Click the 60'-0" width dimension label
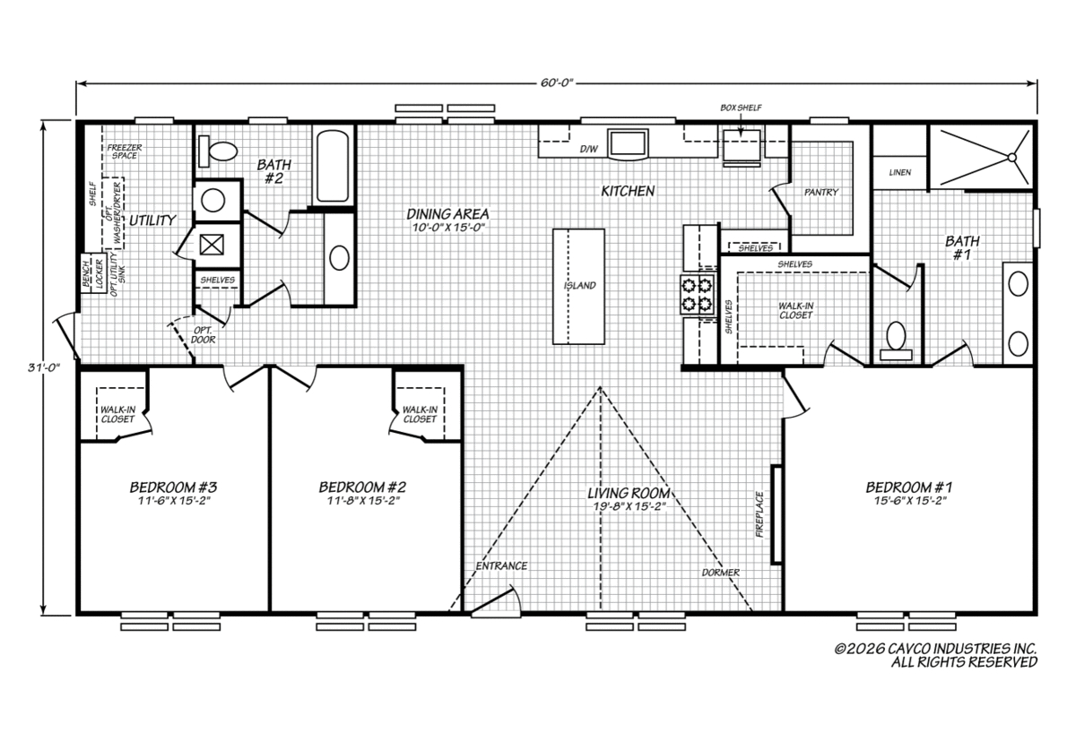click(x=557, y=83)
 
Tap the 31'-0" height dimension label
click(x=44, y=367)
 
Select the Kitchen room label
click(x=628, y=191)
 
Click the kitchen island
click(x=578, y=287)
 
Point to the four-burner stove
click(x=697, y=294)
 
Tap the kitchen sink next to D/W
click(x=629, y=142)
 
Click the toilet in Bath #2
click(x=218, y=151)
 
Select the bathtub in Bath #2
click(x=333, y=165)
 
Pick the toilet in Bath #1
click(x=896, y=341)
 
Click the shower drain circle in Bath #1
click(x=1011, y=158)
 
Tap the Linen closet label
click(x=899, y=172)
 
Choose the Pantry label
click(x=821, y=192)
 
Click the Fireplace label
click(x=760, y=514)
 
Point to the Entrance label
click(x=501, y=566)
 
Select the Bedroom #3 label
click(x=173, y=487)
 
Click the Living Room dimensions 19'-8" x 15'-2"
click(x=629, y=506)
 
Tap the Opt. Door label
click(x=204, y=335)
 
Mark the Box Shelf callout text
click(x=741, y=108)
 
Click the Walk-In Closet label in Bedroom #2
click(x=420, y=414)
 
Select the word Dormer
click(x=721, y=573)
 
